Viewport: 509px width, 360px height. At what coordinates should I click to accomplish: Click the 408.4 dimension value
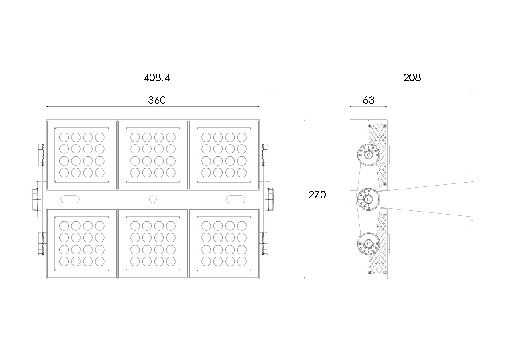tap(157, 78)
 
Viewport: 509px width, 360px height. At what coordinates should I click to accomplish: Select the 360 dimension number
tap(156, 100)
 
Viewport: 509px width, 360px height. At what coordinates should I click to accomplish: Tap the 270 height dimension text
tap(317, 195)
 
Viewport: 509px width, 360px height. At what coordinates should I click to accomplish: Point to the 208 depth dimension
tap(412, 78)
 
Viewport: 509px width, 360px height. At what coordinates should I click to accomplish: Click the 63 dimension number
tap(368, 100)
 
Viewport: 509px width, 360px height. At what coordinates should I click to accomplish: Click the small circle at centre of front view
tap(153, 199)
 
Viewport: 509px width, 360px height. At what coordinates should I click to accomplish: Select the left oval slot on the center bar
tap(71, 199)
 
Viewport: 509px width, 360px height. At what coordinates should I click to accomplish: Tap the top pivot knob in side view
tap(368, 153)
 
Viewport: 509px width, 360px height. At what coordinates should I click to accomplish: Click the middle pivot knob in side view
tap(368, 199)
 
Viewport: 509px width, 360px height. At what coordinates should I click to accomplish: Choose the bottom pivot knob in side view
tap(368, 244)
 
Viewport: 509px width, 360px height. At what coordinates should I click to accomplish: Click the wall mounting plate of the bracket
tap(472, 199)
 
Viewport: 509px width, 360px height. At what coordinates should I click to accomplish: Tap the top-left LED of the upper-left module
tap(64, 137)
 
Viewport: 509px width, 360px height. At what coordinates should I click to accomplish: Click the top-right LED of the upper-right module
tap(241, 137)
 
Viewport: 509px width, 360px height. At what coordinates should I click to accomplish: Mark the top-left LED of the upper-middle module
tap(135, 137)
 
